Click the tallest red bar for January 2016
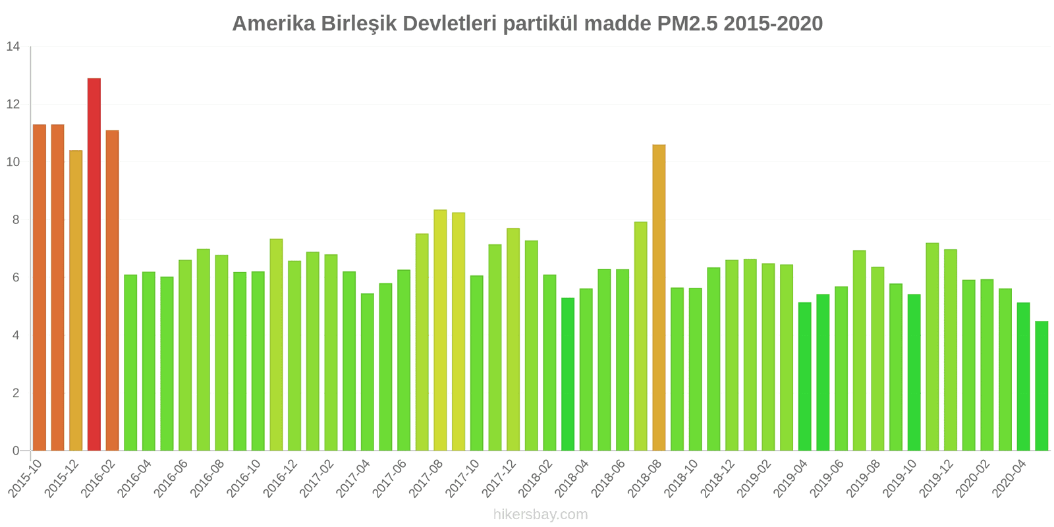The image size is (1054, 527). (94, 263)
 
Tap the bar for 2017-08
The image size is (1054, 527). (440, 330)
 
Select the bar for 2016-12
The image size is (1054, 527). (294, 356)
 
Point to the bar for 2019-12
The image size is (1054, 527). (951, 350)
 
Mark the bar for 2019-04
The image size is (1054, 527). (804, 376)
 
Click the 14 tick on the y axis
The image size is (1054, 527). (13, 47)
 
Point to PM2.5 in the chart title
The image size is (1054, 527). (687, 24)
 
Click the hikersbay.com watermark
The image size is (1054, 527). (540, 514)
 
